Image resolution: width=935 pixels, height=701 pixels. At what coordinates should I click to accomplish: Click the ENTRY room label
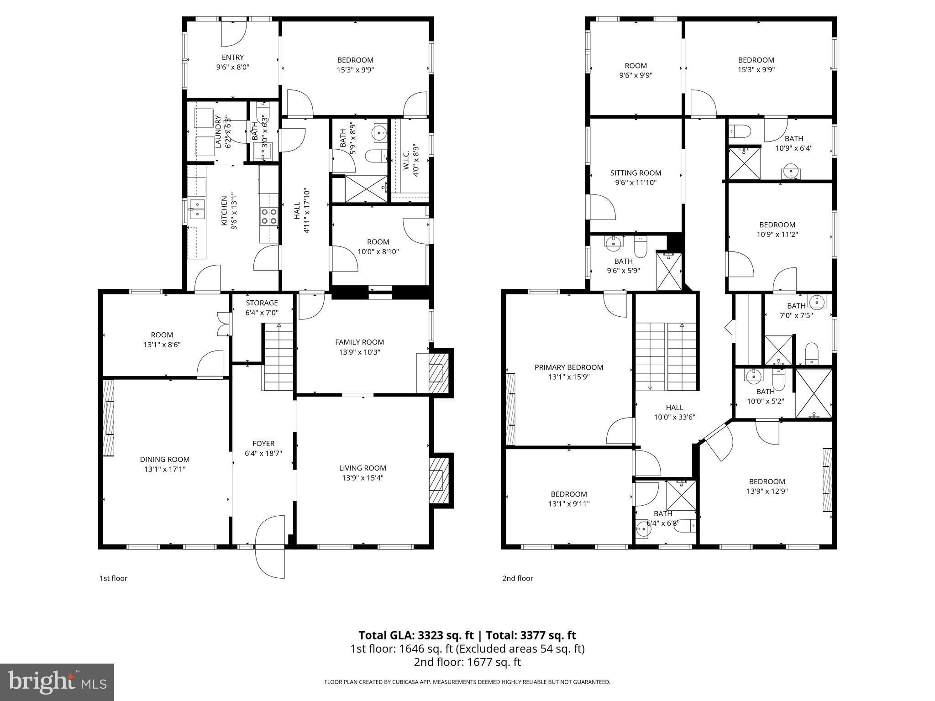[x=233, y=58]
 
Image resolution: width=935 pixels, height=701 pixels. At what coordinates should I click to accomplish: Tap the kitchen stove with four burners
[x=269, y=216]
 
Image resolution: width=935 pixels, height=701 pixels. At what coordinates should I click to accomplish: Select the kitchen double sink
[x=197, y=209]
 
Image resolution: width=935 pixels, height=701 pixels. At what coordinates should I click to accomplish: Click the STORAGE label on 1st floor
[x=262, y=303]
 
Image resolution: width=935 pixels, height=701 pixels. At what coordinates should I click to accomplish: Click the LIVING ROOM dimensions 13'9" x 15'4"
[x=362, y=478]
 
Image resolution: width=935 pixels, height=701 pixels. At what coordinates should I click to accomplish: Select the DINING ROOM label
[x=164, y=460]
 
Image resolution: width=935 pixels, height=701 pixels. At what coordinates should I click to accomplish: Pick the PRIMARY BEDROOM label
[x=569, y=367]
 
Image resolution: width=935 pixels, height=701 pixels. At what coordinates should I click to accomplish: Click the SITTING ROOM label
[x=636, y=173]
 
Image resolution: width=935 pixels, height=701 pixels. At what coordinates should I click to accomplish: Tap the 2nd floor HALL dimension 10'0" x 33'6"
[x=674, y=417]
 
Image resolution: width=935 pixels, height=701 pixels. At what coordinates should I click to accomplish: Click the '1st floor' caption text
[x=113, y=578]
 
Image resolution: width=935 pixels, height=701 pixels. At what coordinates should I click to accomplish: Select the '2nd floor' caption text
[x=518, y=578]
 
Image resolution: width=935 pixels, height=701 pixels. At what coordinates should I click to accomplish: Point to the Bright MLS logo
[x=57, y=682]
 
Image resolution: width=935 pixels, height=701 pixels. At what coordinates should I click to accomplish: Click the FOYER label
[x=263, y=444]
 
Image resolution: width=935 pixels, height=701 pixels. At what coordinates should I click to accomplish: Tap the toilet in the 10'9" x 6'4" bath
[x=740, y=131]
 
